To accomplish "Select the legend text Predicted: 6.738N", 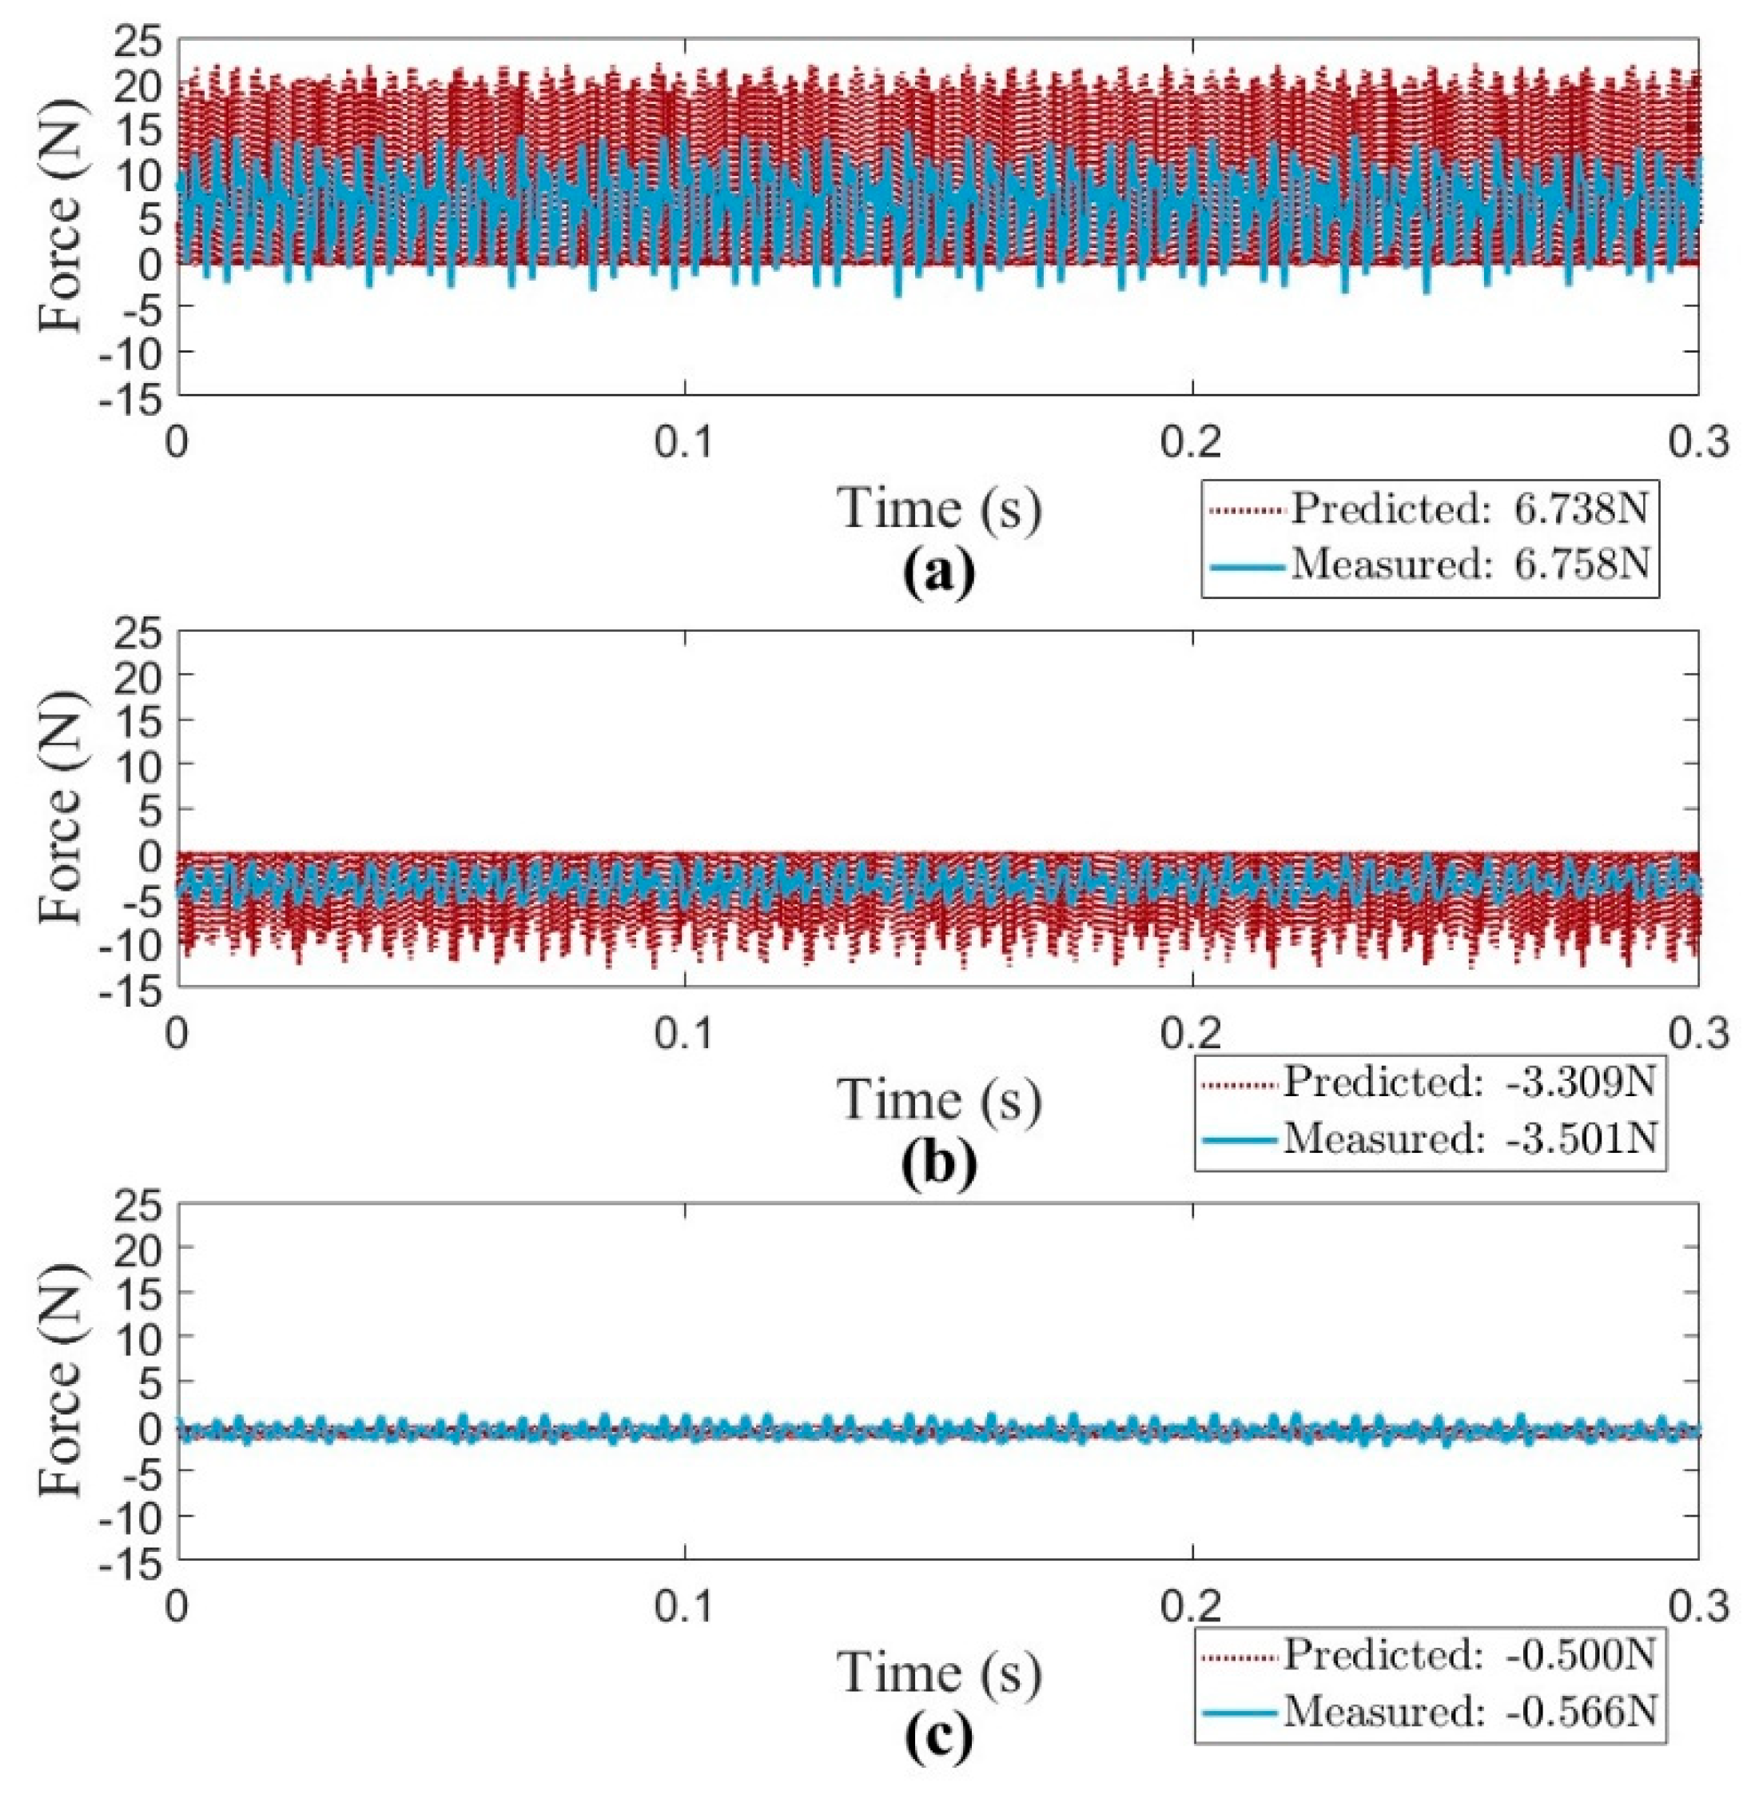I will tap(1470, 509).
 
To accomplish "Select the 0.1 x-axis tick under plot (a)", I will tap(683, 442).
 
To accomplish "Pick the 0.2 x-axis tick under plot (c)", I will tap(1192, 1607).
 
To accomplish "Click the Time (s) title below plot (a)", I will tap(940, 509).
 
